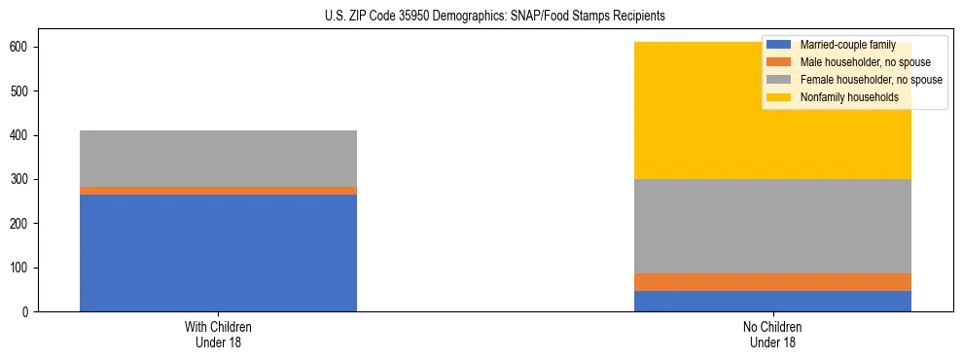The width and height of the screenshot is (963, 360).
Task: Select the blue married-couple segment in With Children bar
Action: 218,253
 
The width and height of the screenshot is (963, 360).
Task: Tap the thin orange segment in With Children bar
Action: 218,191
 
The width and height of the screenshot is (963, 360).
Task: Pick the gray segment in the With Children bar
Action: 218,159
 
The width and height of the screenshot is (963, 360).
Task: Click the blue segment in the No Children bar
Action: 772,301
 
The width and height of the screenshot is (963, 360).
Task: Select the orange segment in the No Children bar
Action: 772,282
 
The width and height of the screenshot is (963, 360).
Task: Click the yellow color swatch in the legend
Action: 779,97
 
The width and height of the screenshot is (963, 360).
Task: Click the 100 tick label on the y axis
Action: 25,268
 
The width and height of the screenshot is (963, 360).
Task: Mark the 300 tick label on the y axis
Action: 25,179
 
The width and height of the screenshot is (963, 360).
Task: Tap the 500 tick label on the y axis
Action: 25,91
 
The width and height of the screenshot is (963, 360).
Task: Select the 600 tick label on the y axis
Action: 25,47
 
